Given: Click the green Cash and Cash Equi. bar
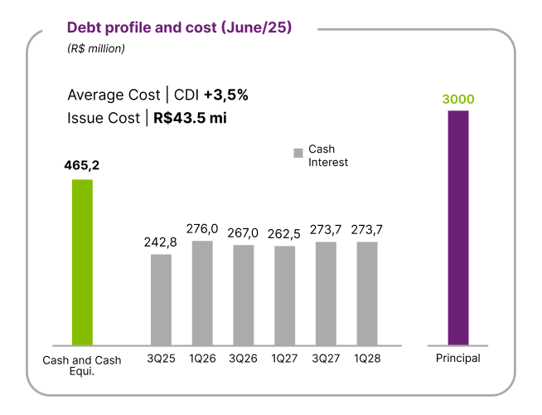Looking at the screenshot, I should pos(82,261).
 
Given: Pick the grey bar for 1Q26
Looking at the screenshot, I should pos(202,292).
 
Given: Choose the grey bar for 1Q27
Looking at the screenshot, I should pos(285,295).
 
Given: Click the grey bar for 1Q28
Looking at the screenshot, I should pos(367,293).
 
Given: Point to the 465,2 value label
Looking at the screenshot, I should pos(82,165).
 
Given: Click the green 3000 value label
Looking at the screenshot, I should pos(458,99).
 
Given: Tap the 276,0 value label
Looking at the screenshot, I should pos(202,228).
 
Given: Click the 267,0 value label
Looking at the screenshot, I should pos(244,232).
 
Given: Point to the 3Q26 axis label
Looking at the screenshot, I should pos(244,359).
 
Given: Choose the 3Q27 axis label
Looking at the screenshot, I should pos(326,359).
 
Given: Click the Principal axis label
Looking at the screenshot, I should pos(458,358).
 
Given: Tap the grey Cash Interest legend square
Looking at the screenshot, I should pos(298,154).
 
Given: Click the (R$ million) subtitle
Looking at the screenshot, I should pos(96,49).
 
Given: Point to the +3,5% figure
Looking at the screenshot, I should pos(226,95).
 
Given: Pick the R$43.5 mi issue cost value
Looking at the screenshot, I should pos(190,117).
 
